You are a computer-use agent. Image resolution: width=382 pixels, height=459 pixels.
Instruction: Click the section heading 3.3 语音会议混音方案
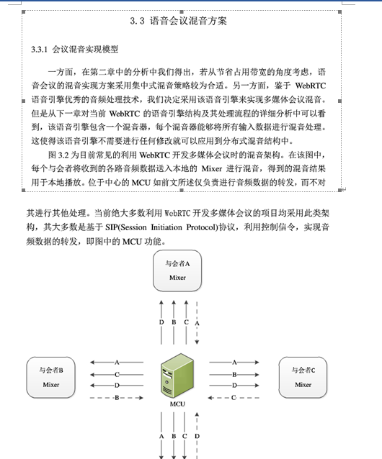click(x=179, y=21)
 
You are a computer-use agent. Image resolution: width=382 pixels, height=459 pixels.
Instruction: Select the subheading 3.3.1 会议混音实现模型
click(x=75, y=49)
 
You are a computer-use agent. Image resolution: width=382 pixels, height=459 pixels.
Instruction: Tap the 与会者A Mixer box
click(x=177, y=271)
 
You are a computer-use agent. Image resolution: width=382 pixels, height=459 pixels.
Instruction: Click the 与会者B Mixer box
click(x=50, y=377)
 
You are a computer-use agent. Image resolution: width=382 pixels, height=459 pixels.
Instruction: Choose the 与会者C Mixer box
click(x=303, y=377)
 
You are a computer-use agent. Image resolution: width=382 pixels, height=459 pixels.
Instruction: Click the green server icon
click(x=177, y=376)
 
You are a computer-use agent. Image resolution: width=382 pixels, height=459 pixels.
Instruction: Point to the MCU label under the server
click(x=177, y=404)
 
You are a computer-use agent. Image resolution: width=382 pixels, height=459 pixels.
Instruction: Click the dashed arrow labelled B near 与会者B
click(x=117, y=398)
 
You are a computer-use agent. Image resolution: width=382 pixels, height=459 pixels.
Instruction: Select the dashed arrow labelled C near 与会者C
click(x=234, y=398)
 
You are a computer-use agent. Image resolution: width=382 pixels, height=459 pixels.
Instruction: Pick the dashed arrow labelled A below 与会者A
click(x=197, y=323)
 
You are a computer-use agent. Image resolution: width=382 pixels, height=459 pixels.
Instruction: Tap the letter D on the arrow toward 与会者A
click(x=161, y=322)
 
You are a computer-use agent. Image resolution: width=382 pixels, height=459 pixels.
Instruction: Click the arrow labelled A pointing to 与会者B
click(x=117, y=363)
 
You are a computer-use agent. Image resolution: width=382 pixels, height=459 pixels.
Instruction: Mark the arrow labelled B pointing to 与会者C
click(x=234, y=374)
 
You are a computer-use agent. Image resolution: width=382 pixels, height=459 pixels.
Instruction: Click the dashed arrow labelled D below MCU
click(x=197, y=435)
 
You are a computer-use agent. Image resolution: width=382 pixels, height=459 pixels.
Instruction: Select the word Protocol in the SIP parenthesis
click(x=201, y=227)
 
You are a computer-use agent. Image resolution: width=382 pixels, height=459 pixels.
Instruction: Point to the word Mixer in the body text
click(x=212, y=168)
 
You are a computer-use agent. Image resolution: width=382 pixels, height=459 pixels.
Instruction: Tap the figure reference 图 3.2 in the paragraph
click(x=58, y=155)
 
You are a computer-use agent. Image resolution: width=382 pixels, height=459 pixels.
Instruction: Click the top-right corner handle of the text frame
click(x=339, y=12)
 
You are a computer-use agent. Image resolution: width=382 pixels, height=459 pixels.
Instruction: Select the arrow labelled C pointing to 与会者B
click(x=117, y=374)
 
